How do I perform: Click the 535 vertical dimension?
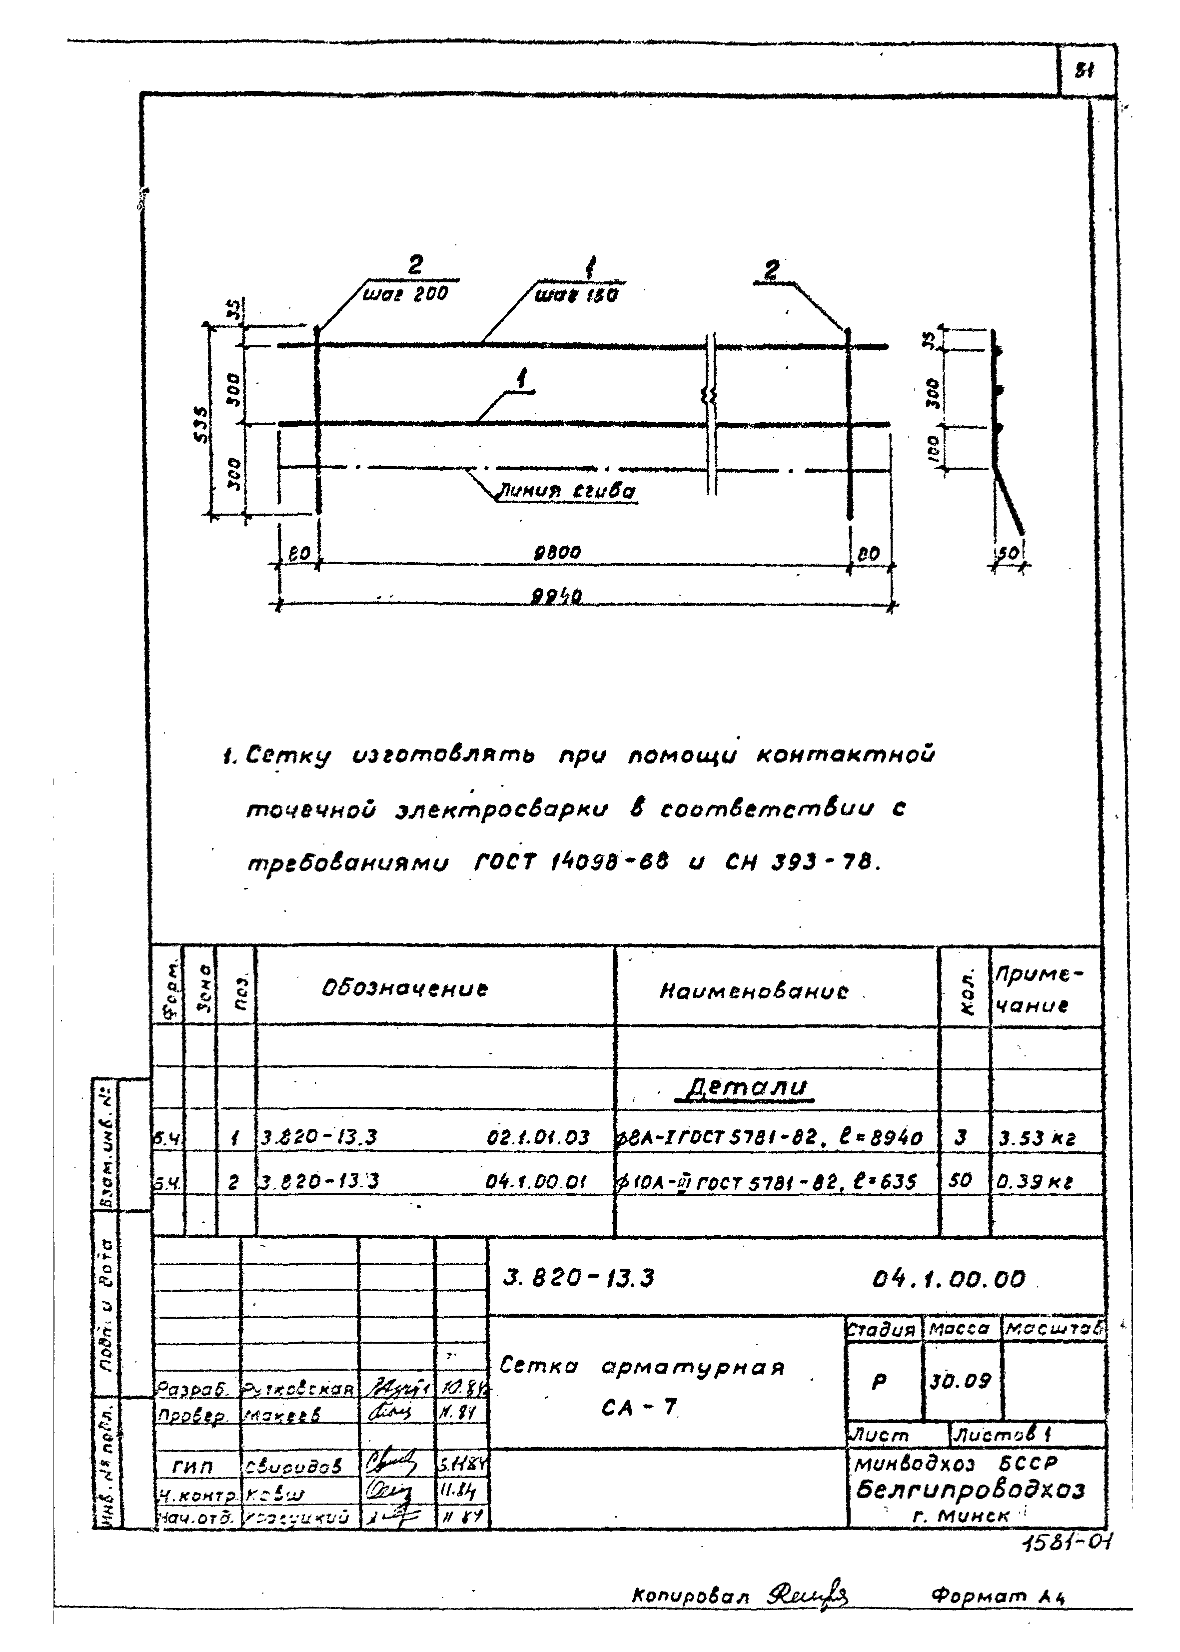203,424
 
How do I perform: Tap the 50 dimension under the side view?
1007,554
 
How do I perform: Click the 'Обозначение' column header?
405,989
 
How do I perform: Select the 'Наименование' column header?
754,991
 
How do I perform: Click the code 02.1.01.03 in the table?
538,1137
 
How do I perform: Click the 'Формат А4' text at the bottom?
997,1596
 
